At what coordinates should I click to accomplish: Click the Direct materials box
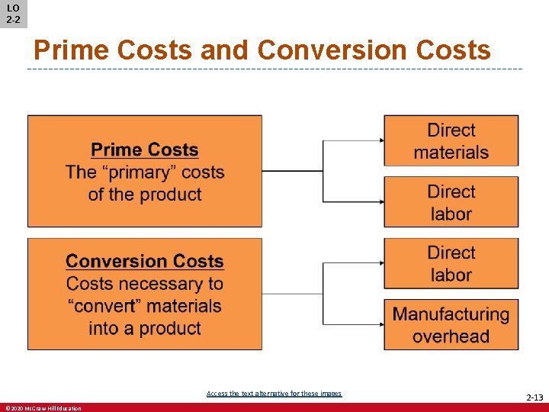(451, 140)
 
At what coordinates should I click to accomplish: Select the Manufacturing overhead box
(451, 324)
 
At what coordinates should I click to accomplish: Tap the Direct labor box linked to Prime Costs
(451, 202)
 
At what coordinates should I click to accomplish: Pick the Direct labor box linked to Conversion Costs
(451, 263)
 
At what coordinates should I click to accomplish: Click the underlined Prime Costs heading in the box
(145, 150)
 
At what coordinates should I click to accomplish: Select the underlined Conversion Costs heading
(145, 261)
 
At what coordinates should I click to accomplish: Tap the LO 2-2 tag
(13, 14)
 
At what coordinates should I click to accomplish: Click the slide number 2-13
(534, 398)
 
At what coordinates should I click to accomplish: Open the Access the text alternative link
(274, 394)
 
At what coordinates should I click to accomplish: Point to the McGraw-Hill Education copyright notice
(43, 408)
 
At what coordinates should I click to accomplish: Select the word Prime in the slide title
(72, 50)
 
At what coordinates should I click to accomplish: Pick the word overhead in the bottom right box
(451, 336)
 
